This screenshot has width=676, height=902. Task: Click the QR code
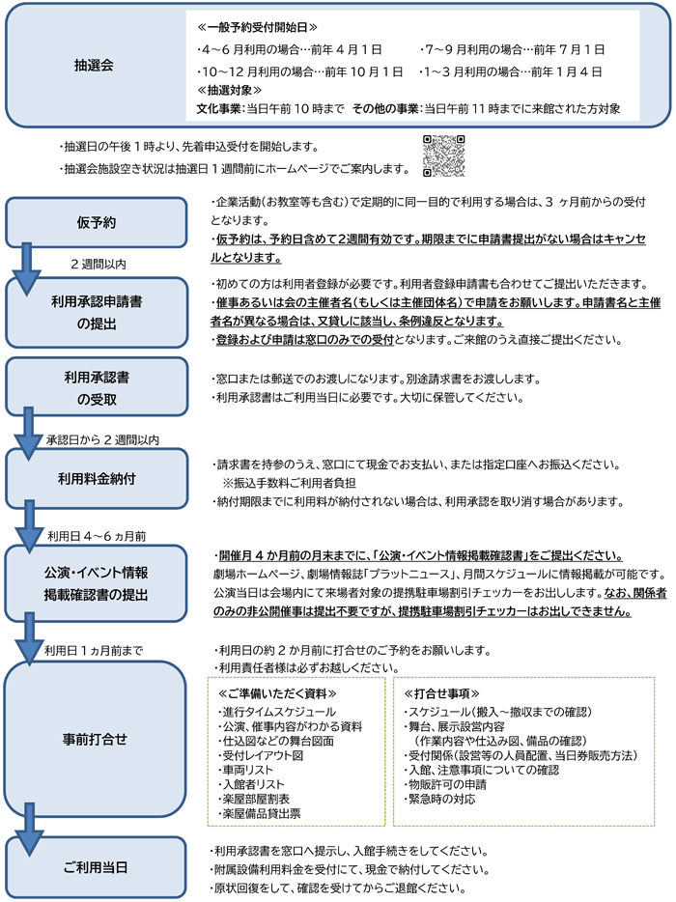(x=443, y=155)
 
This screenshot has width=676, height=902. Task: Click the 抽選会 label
(x=94, y=66)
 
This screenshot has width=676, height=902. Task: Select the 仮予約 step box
(x=97, y=223)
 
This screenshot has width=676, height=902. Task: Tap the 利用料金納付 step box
(x=97, y=479)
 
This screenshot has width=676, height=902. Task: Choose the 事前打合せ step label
(x=95, y=739)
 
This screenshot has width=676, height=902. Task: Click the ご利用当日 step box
(x=96, y=867)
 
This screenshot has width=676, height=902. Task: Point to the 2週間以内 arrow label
(x=99, y=264)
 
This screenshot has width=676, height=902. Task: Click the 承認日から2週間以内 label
(x=103, y=440)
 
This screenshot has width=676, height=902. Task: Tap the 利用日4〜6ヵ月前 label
(x=97, y=536)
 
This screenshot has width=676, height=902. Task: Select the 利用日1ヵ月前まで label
(x=94, y=651)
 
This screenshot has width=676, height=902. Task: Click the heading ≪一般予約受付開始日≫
(x=257, y=27)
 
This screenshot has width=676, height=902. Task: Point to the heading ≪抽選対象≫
(x=229, y=90)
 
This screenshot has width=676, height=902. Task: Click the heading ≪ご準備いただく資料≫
(x=277, y=693)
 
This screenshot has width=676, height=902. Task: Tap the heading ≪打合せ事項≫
(x=442, y=693)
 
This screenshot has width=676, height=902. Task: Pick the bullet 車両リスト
(x=246, y=770)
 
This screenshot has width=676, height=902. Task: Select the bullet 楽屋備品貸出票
(x=260, y=813)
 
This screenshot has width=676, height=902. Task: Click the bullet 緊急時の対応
(x=440, y=799)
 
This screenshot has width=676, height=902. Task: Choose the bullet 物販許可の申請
(x=446, y=784)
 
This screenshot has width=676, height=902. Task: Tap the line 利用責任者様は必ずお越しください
(x=307, y=668)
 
